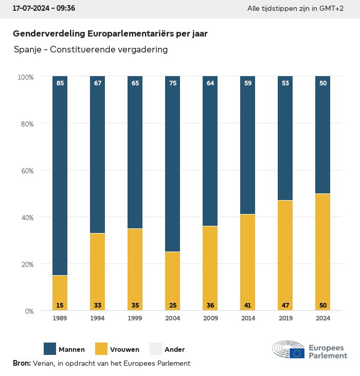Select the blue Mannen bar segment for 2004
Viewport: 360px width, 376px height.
[173, 165]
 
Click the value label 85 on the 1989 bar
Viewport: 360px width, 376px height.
[60, 83]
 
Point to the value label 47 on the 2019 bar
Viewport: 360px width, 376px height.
[285, 306]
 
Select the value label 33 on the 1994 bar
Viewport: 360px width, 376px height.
[98, 306]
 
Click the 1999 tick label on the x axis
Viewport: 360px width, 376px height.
[135, 318]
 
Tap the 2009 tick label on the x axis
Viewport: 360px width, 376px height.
[210, 318]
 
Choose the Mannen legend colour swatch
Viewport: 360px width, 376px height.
[50, 349]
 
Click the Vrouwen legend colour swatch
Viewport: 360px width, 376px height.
[102, 349]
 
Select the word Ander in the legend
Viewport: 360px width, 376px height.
[174, 350]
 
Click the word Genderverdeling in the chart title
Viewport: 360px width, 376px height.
[49, 34]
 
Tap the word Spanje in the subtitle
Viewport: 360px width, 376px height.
[28, 50]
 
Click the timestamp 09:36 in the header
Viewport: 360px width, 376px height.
[64, 9]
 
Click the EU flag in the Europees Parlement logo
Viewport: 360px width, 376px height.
[297, 353]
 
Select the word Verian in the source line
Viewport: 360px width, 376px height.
[43, 363]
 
